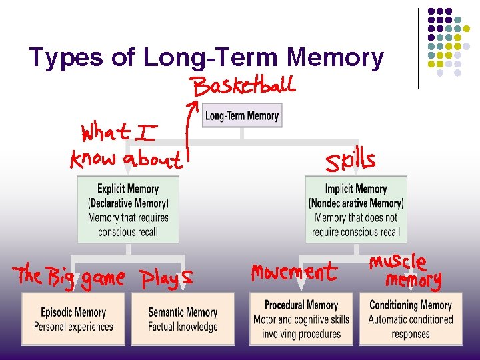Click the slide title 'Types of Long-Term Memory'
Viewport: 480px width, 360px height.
click(x=207, y=58)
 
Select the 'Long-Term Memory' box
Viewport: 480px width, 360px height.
click(x=242, y=115)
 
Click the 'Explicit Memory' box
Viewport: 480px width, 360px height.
click(x=128, y=210)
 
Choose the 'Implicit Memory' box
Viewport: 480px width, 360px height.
click(x=356, y=210)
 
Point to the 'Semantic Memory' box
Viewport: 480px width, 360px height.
click(x=183, y=319)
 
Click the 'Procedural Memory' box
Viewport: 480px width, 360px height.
click(x=301, y=319)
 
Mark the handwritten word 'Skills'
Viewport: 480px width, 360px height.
click(x=349, y=161)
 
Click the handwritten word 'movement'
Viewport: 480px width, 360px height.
click(x=294, y=272)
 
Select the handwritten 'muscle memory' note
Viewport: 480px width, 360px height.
click(x=406, y=270)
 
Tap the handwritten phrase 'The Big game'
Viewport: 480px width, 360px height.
click(x=70, y=276)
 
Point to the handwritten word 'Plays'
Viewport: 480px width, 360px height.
click(x=167, y=277)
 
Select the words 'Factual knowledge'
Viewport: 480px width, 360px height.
click(x=183, y=327)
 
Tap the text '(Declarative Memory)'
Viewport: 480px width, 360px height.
click(x=128, y=203)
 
